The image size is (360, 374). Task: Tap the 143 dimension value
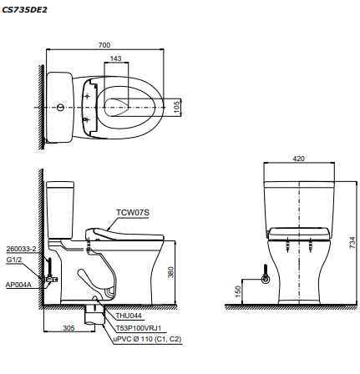coord(115,59)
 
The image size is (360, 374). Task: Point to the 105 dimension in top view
coord(176,107)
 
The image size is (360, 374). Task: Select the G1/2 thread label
coord(13,260)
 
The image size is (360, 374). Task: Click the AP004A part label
coord(18,284)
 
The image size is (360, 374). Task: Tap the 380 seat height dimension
coord(171,271)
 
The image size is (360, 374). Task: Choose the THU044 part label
coord(127,316)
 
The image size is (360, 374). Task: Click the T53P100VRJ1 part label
coord(138,328)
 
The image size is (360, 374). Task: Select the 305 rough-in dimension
coord(68,327)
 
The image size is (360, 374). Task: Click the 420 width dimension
coord(298,157)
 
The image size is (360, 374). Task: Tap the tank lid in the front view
coord(298,183)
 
